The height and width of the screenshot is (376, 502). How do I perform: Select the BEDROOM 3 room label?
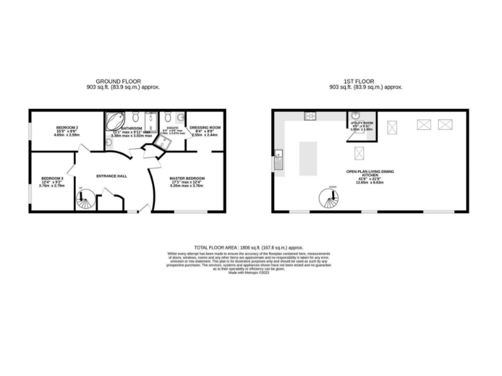pos(52,178)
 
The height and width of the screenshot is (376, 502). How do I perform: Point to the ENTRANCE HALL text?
pos(111,176)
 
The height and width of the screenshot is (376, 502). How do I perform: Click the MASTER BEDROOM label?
pos(187,178)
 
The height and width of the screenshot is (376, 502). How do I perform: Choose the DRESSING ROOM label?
pos(205,127)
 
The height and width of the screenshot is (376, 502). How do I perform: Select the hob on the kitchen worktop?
pos(310,116)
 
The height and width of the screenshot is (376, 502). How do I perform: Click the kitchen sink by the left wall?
pos(278,159)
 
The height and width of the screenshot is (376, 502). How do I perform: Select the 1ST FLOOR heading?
pos(365,81)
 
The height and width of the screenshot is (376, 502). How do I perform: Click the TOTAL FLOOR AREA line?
pos(251,247)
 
